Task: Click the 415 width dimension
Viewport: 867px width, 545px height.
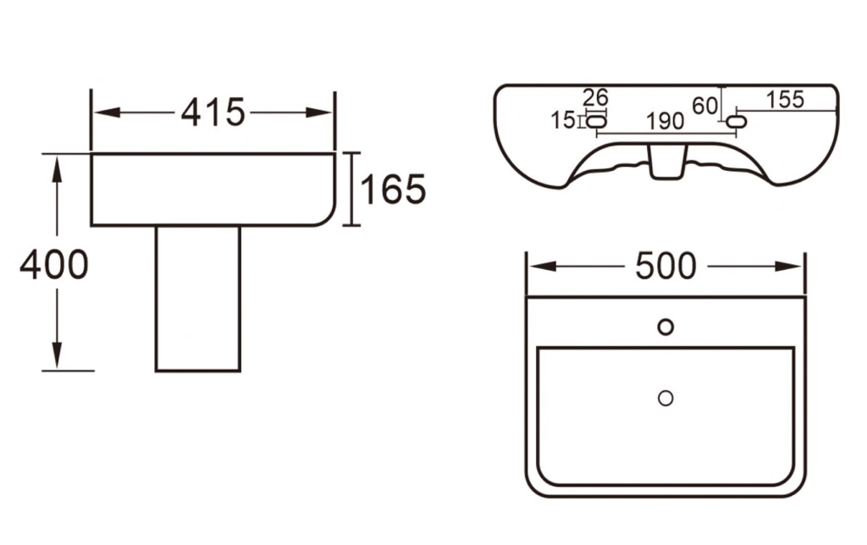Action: pyautogui.click(x=213, y=113)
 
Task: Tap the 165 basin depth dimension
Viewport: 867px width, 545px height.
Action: pyautogui.click(x=393, y=189)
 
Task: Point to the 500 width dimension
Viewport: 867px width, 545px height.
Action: pyautogui.click(x=665, y=267)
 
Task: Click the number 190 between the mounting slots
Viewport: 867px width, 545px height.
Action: pyautogui.click(x=665, y=121)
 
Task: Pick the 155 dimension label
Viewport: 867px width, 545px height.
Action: pyautogui.click(x=785, y=100)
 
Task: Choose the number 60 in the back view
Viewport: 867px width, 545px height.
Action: pyautogui.click(x=705, y=106)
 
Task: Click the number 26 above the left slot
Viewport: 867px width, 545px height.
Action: pyautogui.click(x=595, y=98)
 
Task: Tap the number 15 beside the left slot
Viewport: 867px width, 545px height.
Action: pyautogui.click(x=563, y=120)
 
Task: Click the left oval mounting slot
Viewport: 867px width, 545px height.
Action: pyautogui.click(x=596, y=121)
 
